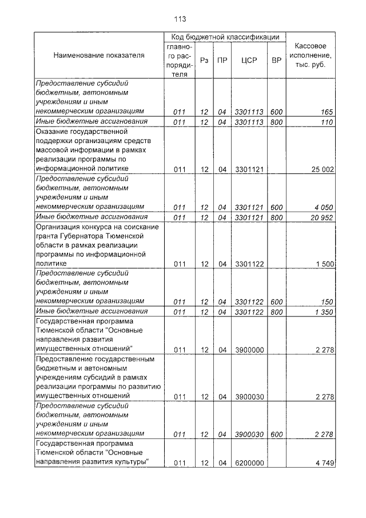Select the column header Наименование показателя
click(99, 56)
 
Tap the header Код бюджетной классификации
click(225, 37)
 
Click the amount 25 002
click(321, 169)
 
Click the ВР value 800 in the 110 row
click(277, 122)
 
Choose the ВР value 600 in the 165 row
click(277, 112)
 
